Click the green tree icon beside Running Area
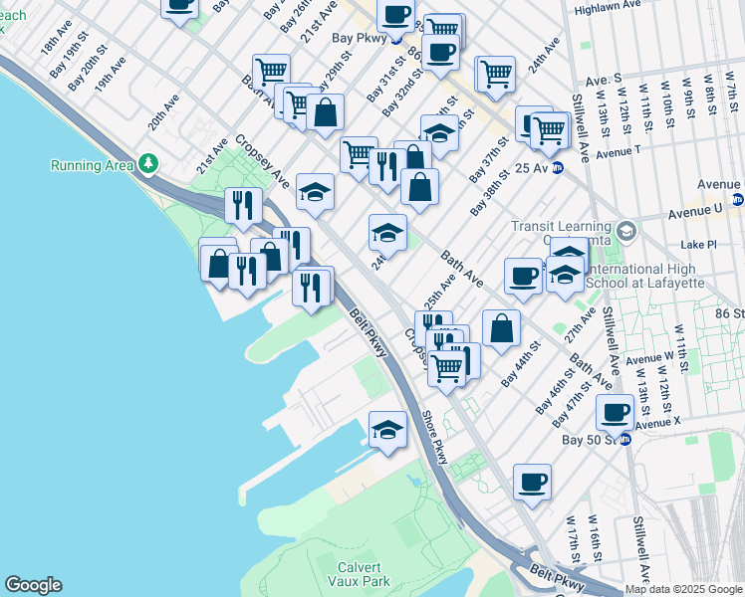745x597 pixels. pos(148,162)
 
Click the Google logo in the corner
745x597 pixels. pos(33,585)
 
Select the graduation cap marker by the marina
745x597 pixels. pos(388,430)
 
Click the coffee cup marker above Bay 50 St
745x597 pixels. pos(616,411)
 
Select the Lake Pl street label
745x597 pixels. pos(696,244)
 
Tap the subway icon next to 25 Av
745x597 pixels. pos(559,168)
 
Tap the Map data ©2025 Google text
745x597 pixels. pos(683,589)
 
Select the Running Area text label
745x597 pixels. pos(93,164)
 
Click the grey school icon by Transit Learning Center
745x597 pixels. pos(626,232)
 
